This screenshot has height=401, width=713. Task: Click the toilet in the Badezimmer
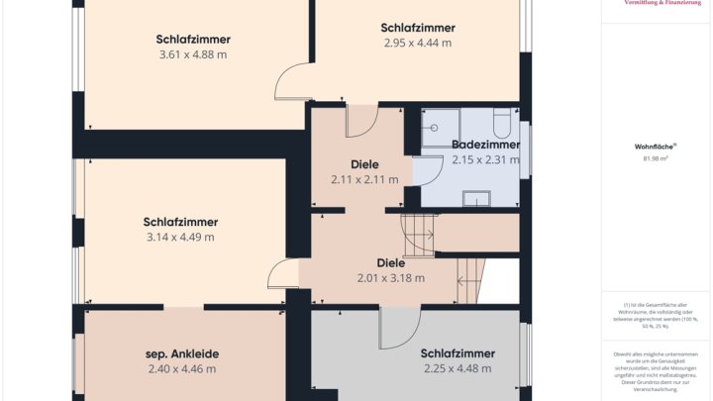[x=501, y=124]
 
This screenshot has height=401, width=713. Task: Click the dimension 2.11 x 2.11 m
[x=364, y=179]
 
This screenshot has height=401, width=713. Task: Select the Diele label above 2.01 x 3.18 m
[x=390, y=263]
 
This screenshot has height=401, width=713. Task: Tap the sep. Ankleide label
[x=182, y=353]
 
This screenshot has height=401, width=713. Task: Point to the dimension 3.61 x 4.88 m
[x=193, y=54]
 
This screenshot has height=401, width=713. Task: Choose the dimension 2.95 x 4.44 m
[x=418, y=43]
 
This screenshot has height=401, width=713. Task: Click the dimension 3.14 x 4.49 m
[x=180, y=237]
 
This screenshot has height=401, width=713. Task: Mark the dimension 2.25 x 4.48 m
[x=457, y=368]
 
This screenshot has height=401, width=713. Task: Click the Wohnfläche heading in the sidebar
[x=655, y=146]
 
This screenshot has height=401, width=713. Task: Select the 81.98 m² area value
[x=655, y=158]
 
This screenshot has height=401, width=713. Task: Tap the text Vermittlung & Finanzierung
[x=657, y=4]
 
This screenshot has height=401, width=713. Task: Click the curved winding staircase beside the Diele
[x=418, y=236]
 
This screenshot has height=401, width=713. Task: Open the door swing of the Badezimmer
[x=426, y=170]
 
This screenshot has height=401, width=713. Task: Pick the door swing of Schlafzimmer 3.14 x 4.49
[x=285, y=273]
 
